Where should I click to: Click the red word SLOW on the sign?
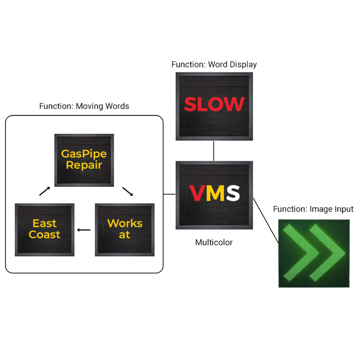point(214,104)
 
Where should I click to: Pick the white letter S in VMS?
point(232,193)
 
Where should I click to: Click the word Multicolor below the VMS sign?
point(214,242)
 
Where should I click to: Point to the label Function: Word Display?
point(214,65)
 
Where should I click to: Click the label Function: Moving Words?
point(84,106)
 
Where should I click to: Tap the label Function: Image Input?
point(313,209)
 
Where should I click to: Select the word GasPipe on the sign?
point(84,154)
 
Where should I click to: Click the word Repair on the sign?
point(84,165)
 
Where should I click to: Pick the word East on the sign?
point(45,224)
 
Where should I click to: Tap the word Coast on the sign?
point(45,235)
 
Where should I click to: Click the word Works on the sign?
point(125,223)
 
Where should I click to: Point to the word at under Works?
point(125,235)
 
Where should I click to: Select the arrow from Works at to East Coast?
point(84,230)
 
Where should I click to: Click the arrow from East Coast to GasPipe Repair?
point(44,191)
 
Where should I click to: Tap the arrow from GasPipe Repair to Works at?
point(128,191)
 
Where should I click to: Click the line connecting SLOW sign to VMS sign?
point(214,150)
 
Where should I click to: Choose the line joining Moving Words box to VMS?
point(169,194)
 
